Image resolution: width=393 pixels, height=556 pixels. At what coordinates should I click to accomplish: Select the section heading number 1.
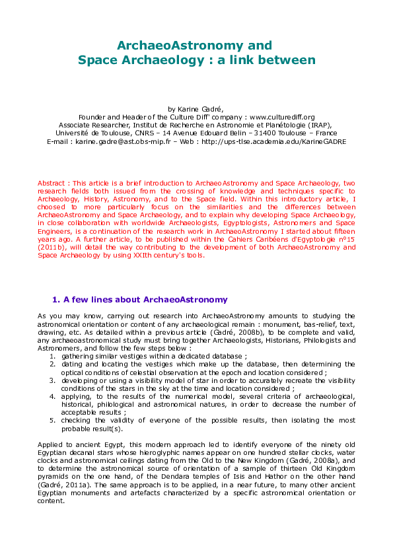55,300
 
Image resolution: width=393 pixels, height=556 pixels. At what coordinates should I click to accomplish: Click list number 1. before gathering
52,356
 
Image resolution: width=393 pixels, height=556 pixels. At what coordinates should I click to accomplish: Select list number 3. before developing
52,380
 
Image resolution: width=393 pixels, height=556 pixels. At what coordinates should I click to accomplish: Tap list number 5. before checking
52,420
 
